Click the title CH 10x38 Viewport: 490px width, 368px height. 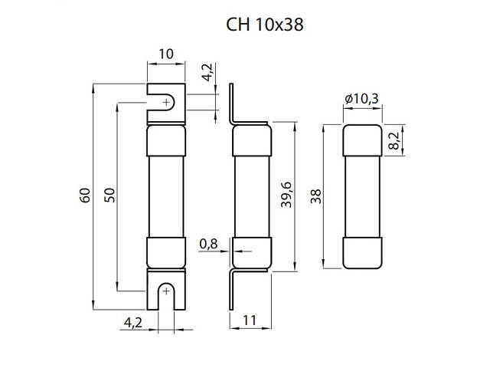(264, 25)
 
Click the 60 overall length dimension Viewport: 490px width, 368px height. (85, 195)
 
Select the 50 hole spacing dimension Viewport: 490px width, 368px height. (109, 195)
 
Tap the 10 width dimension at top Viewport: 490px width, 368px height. (166, 54)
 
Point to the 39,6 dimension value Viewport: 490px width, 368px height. (286, 195)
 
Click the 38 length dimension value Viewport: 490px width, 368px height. (316, 196)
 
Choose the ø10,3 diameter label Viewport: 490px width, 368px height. (362, 99)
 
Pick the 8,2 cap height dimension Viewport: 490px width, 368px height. (394, 140)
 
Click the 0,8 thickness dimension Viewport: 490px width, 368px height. (208, 244)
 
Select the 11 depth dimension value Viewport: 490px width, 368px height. (250, 320)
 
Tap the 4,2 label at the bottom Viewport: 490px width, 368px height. (133, 323)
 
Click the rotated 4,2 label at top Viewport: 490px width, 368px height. (207, 72)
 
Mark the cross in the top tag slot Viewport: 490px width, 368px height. (167, 102)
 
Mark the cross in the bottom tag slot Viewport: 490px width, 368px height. (166, 291)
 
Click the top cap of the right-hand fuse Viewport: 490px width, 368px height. (362, 140)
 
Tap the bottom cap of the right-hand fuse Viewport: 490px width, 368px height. (362, 253)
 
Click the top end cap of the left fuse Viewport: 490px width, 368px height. (166, 141)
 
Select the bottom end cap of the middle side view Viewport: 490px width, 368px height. (252, 253)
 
